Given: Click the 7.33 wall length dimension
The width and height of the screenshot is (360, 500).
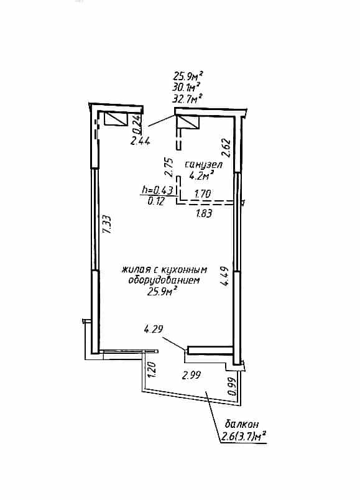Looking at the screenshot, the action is click(108, 225).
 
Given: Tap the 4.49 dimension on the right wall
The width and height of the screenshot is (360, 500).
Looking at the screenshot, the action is click(225, 277).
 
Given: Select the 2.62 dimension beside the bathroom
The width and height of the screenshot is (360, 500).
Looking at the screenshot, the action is click(226, 147).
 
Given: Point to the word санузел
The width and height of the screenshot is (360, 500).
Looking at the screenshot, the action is click(203, 165).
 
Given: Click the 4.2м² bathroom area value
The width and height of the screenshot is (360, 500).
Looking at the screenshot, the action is click(201, 175).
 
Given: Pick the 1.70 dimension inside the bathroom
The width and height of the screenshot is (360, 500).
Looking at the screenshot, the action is click(202, 193).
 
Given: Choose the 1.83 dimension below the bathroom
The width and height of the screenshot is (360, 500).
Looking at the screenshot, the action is click(203, 213).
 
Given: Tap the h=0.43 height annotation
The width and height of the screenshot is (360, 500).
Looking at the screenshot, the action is click(157, 190).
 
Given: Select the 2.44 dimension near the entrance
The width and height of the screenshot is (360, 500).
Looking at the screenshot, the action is click(140, 141).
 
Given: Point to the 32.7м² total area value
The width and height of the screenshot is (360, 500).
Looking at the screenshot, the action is click(187, 98).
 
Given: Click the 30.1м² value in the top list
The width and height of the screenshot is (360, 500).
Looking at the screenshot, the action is click(187, 87).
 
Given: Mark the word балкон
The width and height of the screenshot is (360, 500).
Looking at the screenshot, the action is click(242, 424).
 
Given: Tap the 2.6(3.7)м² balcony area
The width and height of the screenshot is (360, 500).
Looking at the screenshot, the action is click(244, 436).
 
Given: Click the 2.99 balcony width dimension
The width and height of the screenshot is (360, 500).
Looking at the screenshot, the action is click(192, 376).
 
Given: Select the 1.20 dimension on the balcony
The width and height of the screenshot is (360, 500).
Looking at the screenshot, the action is click(152, 369).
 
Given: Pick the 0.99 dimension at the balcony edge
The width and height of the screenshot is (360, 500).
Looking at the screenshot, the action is click(233, 386).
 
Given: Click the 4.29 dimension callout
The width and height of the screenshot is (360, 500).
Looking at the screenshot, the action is click(154, 329).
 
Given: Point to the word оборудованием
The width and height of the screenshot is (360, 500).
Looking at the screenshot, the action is click(164, 280).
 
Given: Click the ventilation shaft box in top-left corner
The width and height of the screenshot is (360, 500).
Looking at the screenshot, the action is click(116, 119).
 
